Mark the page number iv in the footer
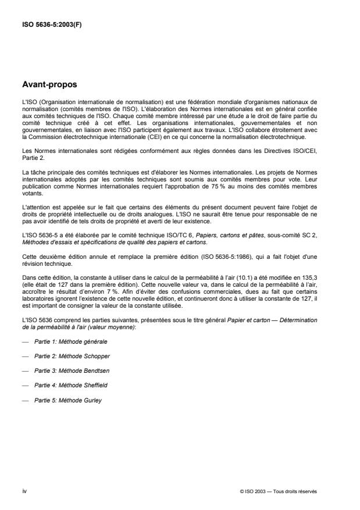click(24, 491)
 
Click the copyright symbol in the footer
click(241, 491)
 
